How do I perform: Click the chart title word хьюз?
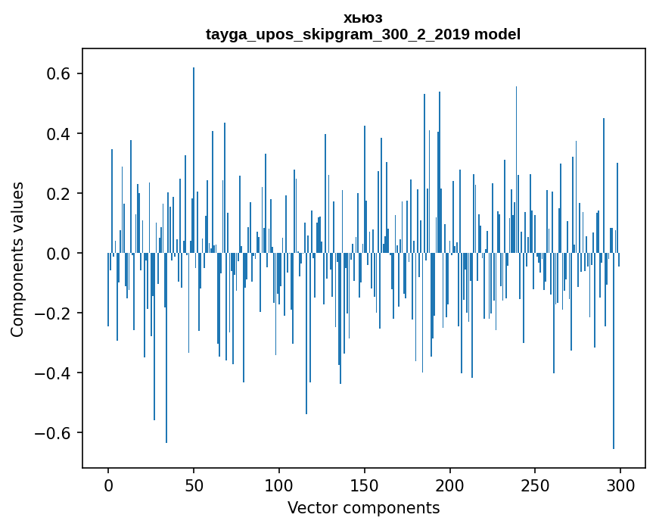coord(363,18)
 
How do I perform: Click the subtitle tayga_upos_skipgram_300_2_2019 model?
coord(363,35)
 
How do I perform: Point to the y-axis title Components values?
coord(17,259)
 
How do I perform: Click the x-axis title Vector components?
coord(363,508)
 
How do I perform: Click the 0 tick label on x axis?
coord(108,485)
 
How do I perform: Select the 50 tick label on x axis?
coord(194,485)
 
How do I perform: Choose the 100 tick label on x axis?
coord(279,485)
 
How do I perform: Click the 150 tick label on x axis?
coord(365,485)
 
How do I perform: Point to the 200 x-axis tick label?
coord(450,485)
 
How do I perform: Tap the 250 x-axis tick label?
coord(536,485)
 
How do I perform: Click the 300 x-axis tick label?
coord(621,485)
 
